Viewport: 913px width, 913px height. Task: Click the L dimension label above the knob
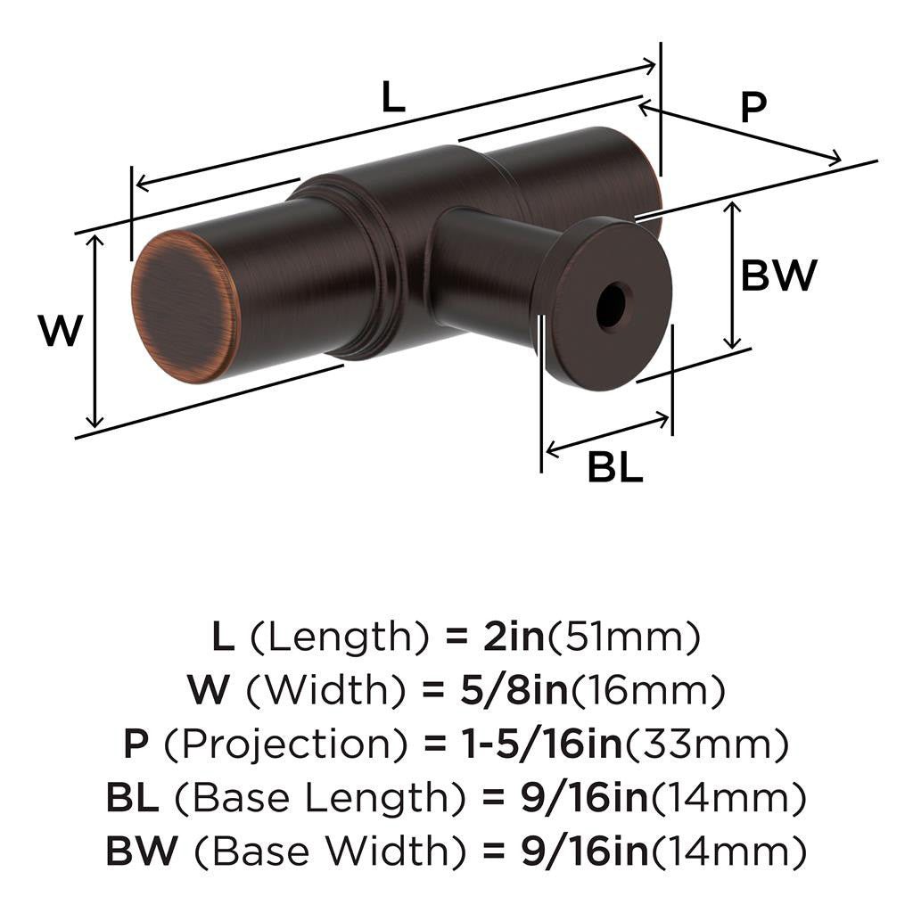point(392,98)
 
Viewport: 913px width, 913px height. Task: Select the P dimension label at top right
point(753,108)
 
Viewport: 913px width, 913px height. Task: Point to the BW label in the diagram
point(777,277)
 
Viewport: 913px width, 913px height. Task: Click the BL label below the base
point(614,467)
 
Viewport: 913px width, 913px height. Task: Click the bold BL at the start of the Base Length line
point(132,797)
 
